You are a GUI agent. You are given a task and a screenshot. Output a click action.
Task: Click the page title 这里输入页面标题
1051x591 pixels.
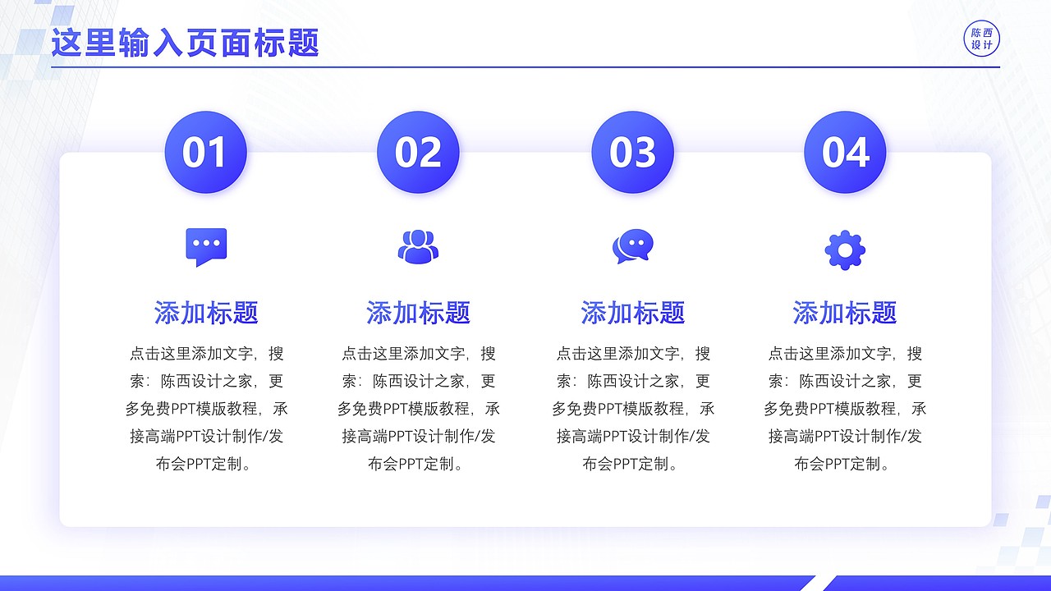coord(185,43)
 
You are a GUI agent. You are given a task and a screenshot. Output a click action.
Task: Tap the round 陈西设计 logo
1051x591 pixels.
coord(982,39)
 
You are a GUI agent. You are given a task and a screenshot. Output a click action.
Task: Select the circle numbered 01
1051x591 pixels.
coord(205,153)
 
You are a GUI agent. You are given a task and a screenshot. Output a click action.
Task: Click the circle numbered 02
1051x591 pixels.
coord(418,153)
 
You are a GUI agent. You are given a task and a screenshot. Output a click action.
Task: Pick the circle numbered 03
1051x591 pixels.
coord(632,153)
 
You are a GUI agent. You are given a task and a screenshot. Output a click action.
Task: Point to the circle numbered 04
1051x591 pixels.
coord(845,153)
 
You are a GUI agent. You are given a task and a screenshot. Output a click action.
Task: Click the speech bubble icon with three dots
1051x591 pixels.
coord(206,247)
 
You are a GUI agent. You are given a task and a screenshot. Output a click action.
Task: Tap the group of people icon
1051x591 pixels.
coord(418,247)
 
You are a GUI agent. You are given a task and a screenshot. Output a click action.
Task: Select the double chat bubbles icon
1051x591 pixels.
coord(632,247)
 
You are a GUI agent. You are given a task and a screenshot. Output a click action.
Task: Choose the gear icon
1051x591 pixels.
coord(845,250)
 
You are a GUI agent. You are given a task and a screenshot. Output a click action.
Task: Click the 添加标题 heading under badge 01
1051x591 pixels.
coord(206,313)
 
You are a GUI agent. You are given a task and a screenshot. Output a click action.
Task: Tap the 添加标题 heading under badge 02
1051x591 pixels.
coord(418,313)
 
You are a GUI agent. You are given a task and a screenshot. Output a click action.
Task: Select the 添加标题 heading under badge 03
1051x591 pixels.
coord(632,313)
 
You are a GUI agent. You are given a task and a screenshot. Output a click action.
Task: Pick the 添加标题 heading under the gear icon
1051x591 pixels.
coord(845,313)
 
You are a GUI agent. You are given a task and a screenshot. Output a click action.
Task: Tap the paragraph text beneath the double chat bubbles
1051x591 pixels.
coord(632,409)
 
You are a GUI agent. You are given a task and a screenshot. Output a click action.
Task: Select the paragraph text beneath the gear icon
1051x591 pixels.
coord(845,409)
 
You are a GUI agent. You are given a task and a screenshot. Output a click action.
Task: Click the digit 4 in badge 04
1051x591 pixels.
coord(858,153)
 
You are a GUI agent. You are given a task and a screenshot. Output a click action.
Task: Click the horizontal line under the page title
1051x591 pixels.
coord(525,66)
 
